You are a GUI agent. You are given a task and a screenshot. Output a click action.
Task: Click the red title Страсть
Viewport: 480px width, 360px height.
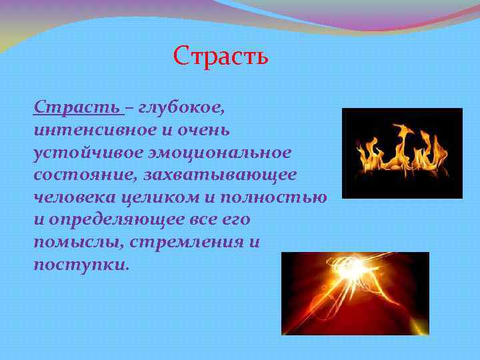click(221, 55)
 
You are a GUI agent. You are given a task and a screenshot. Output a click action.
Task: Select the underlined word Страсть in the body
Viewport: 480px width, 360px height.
click(77, 107)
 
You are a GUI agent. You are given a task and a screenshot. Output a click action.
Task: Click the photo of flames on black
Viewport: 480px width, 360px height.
click(401, 153)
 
